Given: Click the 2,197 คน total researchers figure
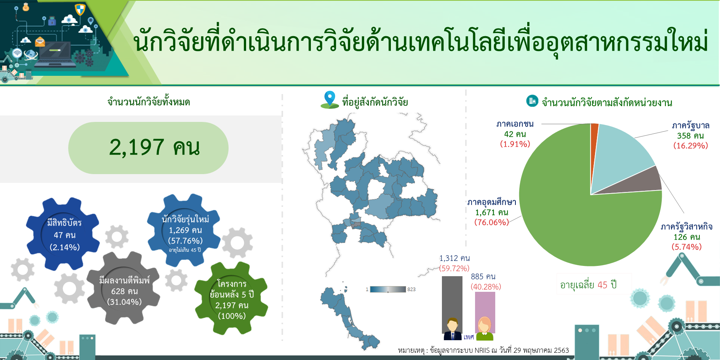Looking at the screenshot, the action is coord(154,147).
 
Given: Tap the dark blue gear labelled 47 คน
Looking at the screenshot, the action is coord(63,234).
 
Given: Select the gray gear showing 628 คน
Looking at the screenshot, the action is coord(123,288).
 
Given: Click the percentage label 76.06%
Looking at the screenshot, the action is coord(491,222).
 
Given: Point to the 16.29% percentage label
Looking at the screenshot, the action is coord(690,146).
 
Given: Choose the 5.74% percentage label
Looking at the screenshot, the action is coord(686,247).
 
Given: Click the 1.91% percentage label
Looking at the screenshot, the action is coord(515,144).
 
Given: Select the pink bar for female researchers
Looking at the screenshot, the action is coord(485,310).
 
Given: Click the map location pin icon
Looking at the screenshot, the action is coord(330,99).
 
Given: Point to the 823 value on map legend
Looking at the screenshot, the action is coord(411,290).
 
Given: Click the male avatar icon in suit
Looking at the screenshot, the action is coord(453,329).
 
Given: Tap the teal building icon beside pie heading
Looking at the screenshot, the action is coord(532,101).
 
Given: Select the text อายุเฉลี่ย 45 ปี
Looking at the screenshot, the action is coord(588,285).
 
